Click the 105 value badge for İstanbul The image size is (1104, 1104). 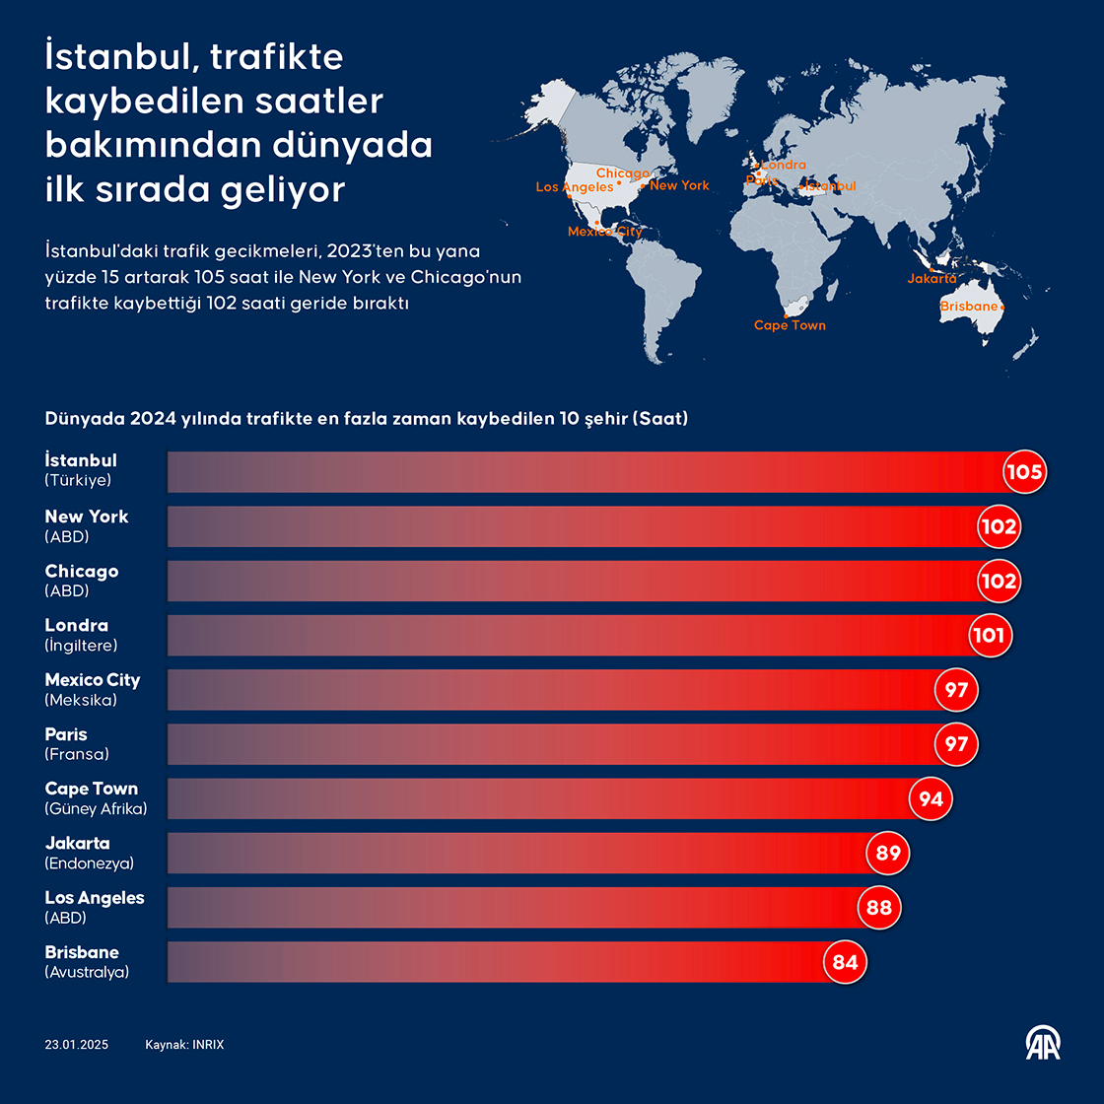pyautogui.click(x=1023, y=472)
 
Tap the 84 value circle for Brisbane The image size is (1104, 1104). pyautogui.click(x=845, y=962)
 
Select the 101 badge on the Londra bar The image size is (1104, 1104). pyautogui.click(x=988, y=636)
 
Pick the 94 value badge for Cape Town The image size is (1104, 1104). pyautogui.click(x=931, y=799)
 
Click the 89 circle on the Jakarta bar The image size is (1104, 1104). pyautogui.click(x=888, y=854)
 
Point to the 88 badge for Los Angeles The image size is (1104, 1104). pyautogui.click(x=878, y=908)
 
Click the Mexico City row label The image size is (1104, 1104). pyautogui.click(x=93, y=680)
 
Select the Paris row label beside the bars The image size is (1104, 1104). pyautogui.click(x=66, y=734)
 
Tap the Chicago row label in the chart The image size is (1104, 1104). pyautogui.click(x=82, y=572)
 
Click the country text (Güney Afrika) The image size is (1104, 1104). pyautogui.click(x=96, y=809)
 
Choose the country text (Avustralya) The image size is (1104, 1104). pyautogui.click(x=87, y=972)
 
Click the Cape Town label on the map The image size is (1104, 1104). pyautogui.click(x=790, y=325)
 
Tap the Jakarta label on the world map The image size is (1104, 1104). pyautogui.click(x=931, y=279)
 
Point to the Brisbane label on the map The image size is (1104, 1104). pyautogui.click(x=969, y=307)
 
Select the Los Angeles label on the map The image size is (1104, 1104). pyautogui.click(x=575, y=187)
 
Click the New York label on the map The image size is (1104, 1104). pyautogui.click(x=679, y=185)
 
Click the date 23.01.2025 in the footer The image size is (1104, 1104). pyautogui.click(x=77, y=1045)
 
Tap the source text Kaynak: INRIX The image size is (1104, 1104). pyautogui.click(x=184, y=1045)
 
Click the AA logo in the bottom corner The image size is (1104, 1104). pyautogui.click(x=1043, y=1043)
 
